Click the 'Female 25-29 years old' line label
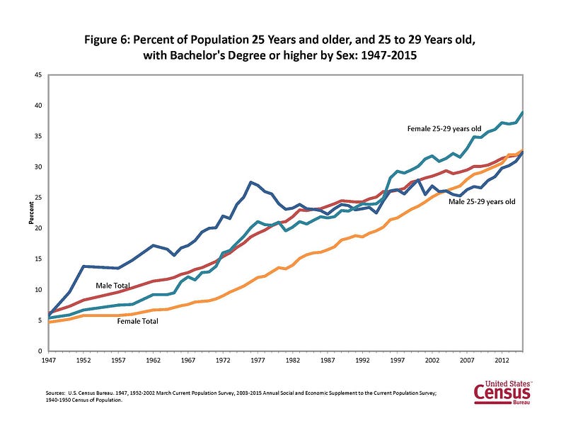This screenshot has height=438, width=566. (x=444, y=129)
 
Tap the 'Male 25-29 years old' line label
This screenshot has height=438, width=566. (x=482, y=202)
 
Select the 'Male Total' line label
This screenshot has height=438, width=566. (x=112, y=286)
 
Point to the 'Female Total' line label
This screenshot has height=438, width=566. (x=137, y=321)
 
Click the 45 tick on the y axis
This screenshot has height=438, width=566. (x=39, y=75)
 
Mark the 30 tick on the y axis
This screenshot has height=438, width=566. (x=39, y=167)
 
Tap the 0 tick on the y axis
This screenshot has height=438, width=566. (x=40, y=351)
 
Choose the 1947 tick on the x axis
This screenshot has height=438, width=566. (x=48, y=361)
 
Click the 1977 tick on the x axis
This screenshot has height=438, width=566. (x=258, y=361)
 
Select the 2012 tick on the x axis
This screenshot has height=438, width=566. (x=502, y=361)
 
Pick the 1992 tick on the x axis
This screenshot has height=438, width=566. (x=362, y=361)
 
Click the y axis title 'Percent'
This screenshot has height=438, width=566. (x=31, y=213)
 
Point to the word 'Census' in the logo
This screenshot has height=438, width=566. (x=502, y=393)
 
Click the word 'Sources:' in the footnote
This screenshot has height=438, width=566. (x=55, y=393)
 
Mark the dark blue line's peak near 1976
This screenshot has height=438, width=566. (x=251, y=182)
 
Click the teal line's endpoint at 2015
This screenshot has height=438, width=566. (x=523, y=113)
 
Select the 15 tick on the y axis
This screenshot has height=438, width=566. (x=39, y=259)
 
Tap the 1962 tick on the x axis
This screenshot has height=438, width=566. (x=153, y=361)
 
